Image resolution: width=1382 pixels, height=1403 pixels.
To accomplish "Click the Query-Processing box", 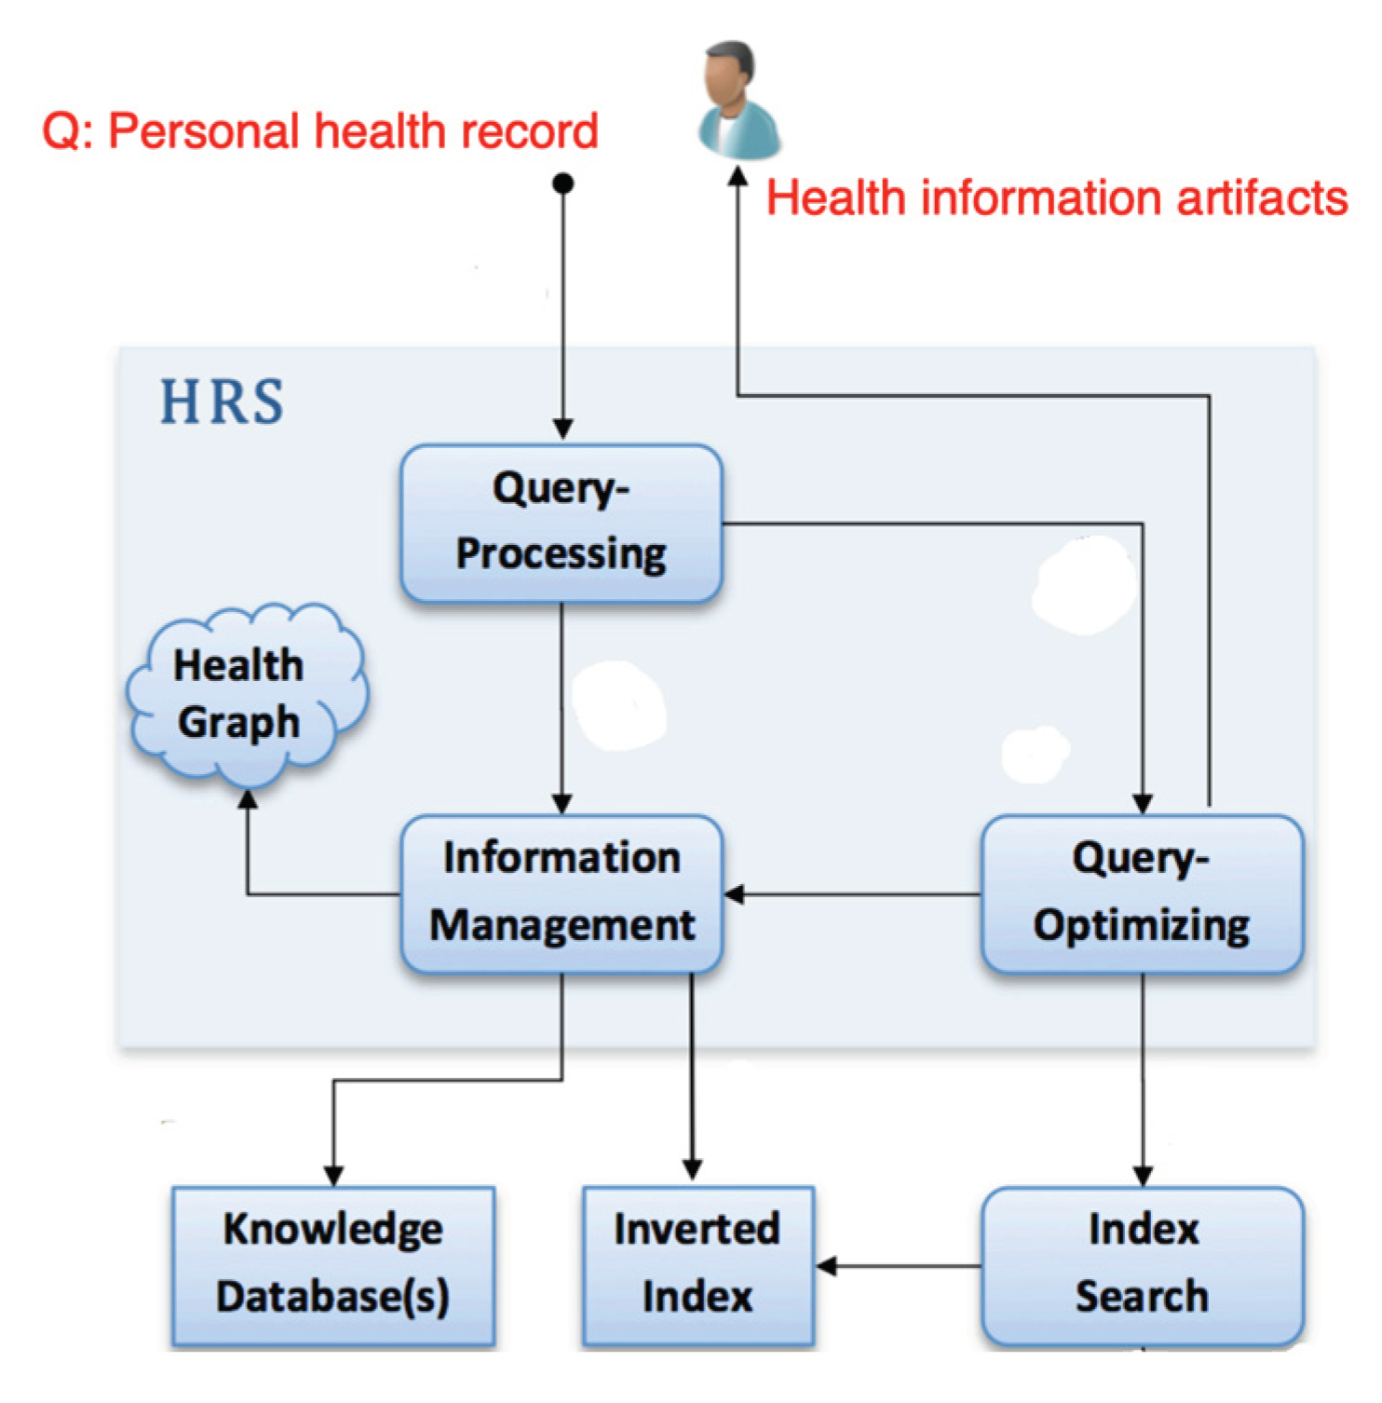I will coord(562,523).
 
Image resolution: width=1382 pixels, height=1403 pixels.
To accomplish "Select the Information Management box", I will coord(562,893).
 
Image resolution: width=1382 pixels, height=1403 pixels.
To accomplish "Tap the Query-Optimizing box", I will coord(1142,893).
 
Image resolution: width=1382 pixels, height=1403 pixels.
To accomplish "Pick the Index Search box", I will coord(1142,1264).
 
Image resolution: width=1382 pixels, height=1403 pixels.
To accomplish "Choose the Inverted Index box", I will coord(698,1264).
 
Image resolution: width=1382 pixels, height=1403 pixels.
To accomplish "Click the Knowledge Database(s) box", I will coord(333,1264).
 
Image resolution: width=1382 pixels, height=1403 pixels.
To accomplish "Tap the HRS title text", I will coord(222,402).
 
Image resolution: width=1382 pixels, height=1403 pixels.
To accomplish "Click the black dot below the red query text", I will coord(562,184).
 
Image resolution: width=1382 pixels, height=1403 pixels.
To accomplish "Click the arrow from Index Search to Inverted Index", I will coord(899,1265).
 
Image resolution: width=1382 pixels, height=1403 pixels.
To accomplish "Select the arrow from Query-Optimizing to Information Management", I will coord(852,894).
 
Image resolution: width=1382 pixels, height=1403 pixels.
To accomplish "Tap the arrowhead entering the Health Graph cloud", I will coord(248,799).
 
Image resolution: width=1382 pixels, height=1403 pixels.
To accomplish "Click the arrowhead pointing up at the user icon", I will coord(738,177).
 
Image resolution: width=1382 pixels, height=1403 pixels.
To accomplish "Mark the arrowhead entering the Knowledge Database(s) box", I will coord(333,1176).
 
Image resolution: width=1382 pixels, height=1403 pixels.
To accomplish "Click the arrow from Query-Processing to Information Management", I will coord(562,708).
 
